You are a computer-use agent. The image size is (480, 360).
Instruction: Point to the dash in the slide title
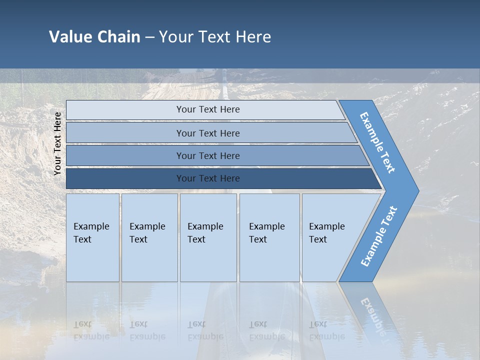149,37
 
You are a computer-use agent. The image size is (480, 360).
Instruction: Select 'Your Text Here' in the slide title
215,37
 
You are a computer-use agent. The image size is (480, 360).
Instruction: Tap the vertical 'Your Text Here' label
57,144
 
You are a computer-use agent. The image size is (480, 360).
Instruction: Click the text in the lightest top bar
208,109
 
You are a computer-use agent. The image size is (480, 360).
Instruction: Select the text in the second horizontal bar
208,133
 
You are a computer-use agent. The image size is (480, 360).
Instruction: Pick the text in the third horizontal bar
208,156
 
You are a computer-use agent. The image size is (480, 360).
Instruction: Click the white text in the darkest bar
208,178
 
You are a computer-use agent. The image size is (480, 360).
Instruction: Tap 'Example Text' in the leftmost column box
91,233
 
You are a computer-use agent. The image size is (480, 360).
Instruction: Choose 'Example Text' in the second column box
147,233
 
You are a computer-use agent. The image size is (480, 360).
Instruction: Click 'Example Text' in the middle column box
205,233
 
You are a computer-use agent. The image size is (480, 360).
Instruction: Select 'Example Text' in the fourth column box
266,233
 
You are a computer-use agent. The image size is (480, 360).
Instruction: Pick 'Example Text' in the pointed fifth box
326,233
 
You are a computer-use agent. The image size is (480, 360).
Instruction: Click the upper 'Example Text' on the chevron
377,142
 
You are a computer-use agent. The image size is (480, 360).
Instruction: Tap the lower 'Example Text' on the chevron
378,236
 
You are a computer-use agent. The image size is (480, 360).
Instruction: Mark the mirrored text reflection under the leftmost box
91,330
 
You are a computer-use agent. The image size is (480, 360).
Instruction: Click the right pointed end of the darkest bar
381,187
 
